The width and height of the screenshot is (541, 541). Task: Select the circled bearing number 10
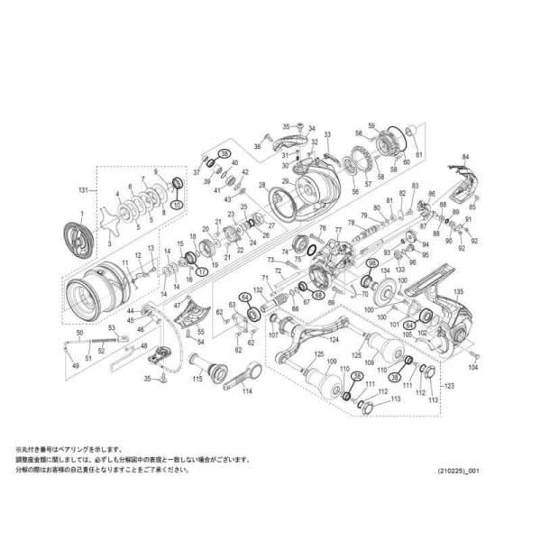[x=177, y=206]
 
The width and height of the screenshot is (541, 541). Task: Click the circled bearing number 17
[x=202, y=270]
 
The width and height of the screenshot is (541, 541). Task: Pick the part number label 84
[x=466, y=157]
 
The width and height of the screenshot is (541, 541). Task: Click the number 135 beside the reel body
[x=459, y=292]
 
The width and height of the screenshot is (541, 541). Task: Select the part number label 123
[x=450, y=386]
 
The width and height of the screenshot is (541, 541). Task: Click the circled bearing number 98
[x=371, y=262]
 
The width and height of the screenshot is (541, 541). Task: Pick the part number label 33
[x=327, y=135]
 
